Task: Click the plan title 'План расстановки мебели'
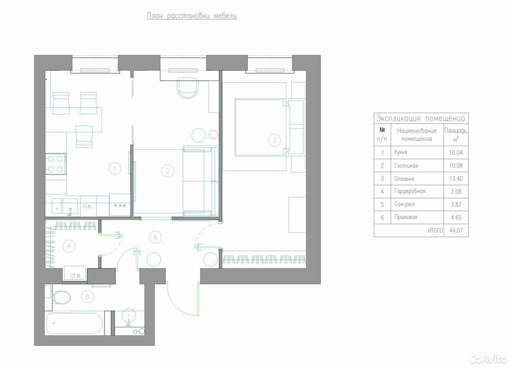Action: (x=192, y=16)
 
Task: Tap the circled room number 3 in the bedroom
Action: (x=274, y=140)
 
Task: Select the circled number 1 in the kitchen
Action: (x=115, y=169)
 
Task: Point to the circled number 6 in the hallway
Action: (x=155, y=237)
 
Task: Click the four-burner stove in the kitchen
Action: (x=56, y=164)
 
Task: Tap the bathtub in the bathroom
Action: (x=74, y=323)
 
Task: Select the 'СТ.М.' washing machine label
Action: (x=76, y=276)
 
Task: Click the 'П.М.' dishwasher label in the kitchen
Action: (x=88, y=207)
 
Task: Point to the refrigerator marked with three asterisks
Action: (x=120, y=205)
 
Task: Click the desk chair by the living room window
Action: (x=188, y=88)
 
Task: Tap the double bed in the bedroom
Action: (x=262, y=127)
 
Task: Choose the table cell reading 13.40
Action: (x=456, y=178)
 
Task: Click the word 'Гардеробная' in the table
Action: (x=410, y=191)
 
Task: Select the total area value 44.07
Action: (x=456, y=231)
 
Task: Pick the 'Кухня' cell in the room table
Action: (x=400, y=152)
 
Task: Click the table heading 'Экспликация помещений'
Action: (x=420, y=118)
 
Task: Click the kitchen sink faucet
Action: (x=70, y=212)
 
